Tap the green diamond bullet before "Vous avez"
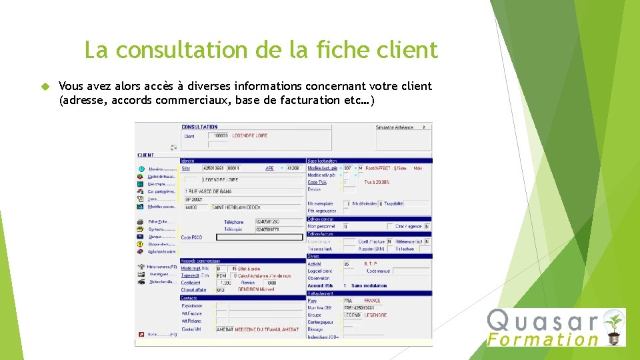point(45,87)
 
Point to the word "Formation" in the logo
point(543,339)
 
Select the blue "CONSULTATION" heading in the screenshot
point(199,127)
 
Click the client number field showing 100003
point(218,135)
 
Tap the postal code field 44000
point(192,207)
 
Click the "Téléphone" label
point(234,222)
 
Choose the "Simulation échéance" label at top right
point(395,127)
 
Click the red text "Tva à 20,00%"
point(377,182)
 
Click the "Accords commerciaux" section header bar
point(241,261)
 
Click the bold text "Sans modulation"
point(369,285)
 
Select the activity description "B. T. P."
point(371,264)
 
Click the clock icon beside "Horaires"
point(141,169)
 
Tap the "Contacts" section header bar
point(241,297)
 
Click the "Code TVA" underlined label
point(317,182)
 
